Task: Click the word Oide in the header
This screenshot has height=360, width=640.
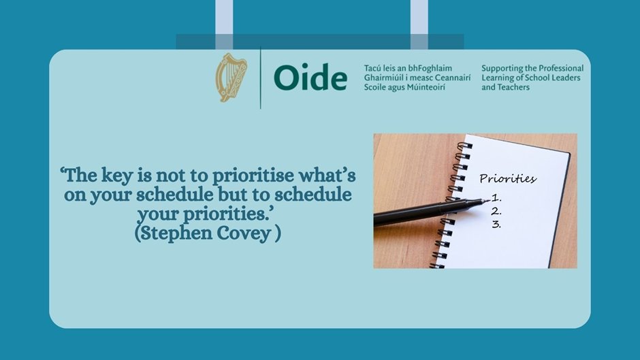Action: [x=310, y=79]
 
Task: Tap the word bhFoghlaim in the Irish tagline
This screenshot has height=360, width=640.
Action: [x=431, y=69]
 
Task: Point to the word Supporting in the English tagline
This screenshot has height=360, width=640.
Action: [x=503, y=69]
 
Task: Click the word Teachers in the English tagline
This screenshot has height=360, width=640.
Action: [x=513, y=88]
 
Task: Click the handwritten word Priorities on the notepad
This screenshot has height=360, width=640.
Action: [x=507, y=179]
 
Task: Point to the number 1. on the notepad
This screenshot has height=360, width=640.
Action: [x=496, y=199]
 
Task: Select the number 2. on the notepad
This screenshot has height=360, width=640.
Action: [x=496, y=212]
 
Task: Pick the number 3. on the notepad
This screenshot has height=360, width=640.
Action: [x=496, y=224]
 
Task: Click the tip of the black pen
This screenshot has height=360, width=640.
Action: [x=487, y=201]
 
